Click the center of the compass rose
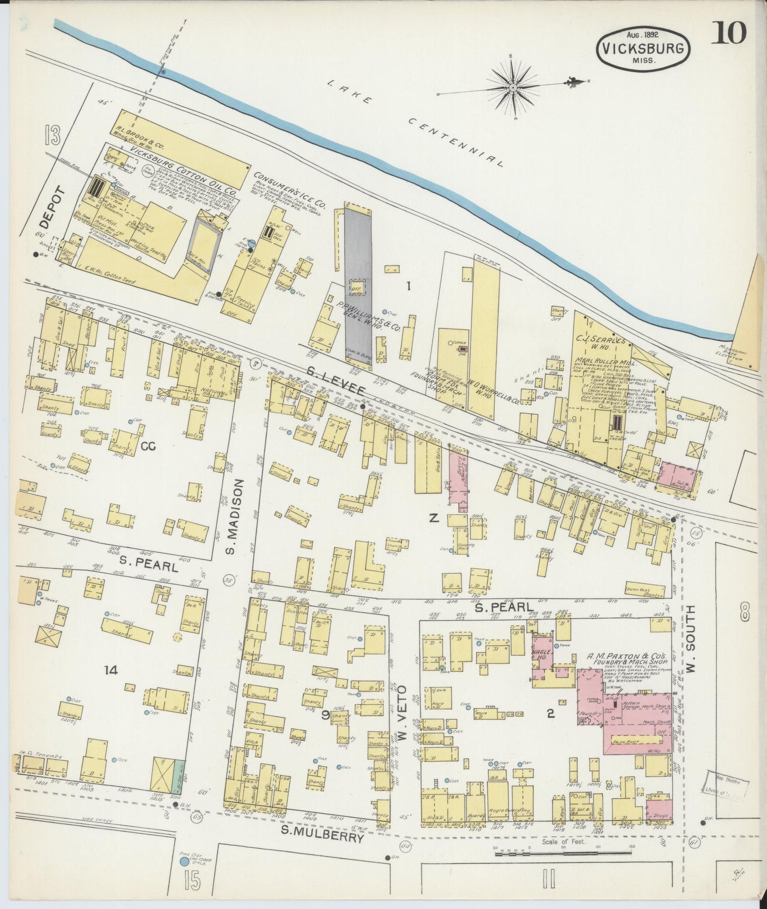coord(513,88)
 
